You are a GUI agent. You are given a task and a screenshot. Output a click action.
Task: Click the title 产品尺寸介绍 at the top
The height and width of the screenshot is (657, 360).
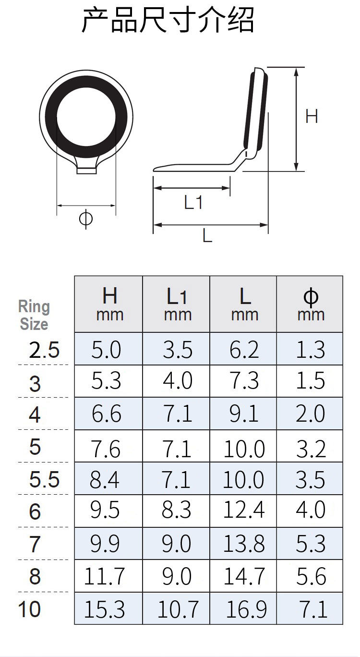coord(168,20)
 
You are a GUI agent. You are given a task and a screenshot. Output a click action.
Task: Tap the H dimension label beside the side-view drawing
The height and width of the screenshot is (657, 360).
coord(312,116)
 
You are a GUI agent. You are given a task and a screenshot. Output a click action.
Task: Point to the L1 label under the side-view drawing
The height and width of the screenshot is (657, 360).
coord(193,202)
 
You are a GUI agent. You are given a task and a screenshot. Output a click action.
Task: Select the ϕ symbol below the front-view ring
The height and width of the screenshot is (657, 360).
coord(86,219)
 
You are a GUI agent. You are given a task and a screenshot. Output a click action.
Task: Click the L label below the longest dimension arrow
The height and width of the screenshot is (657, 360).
coord(207,235)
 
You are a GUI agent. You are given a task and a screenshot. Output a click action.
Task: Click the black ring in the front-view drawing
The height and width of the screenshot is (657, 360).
coord(50,117)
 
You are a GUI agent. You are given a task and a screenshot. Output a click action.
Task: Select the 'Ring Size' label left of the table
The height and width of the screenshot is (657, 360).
coord(34,316)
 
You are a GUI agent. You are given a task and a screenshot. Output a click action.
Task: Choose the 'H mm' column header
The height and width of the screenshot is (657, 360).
coord(109,304)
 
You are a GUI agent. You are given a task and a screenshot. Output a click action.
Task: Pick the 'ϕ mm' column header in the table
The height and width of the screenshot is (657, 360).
coord(311,304)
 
